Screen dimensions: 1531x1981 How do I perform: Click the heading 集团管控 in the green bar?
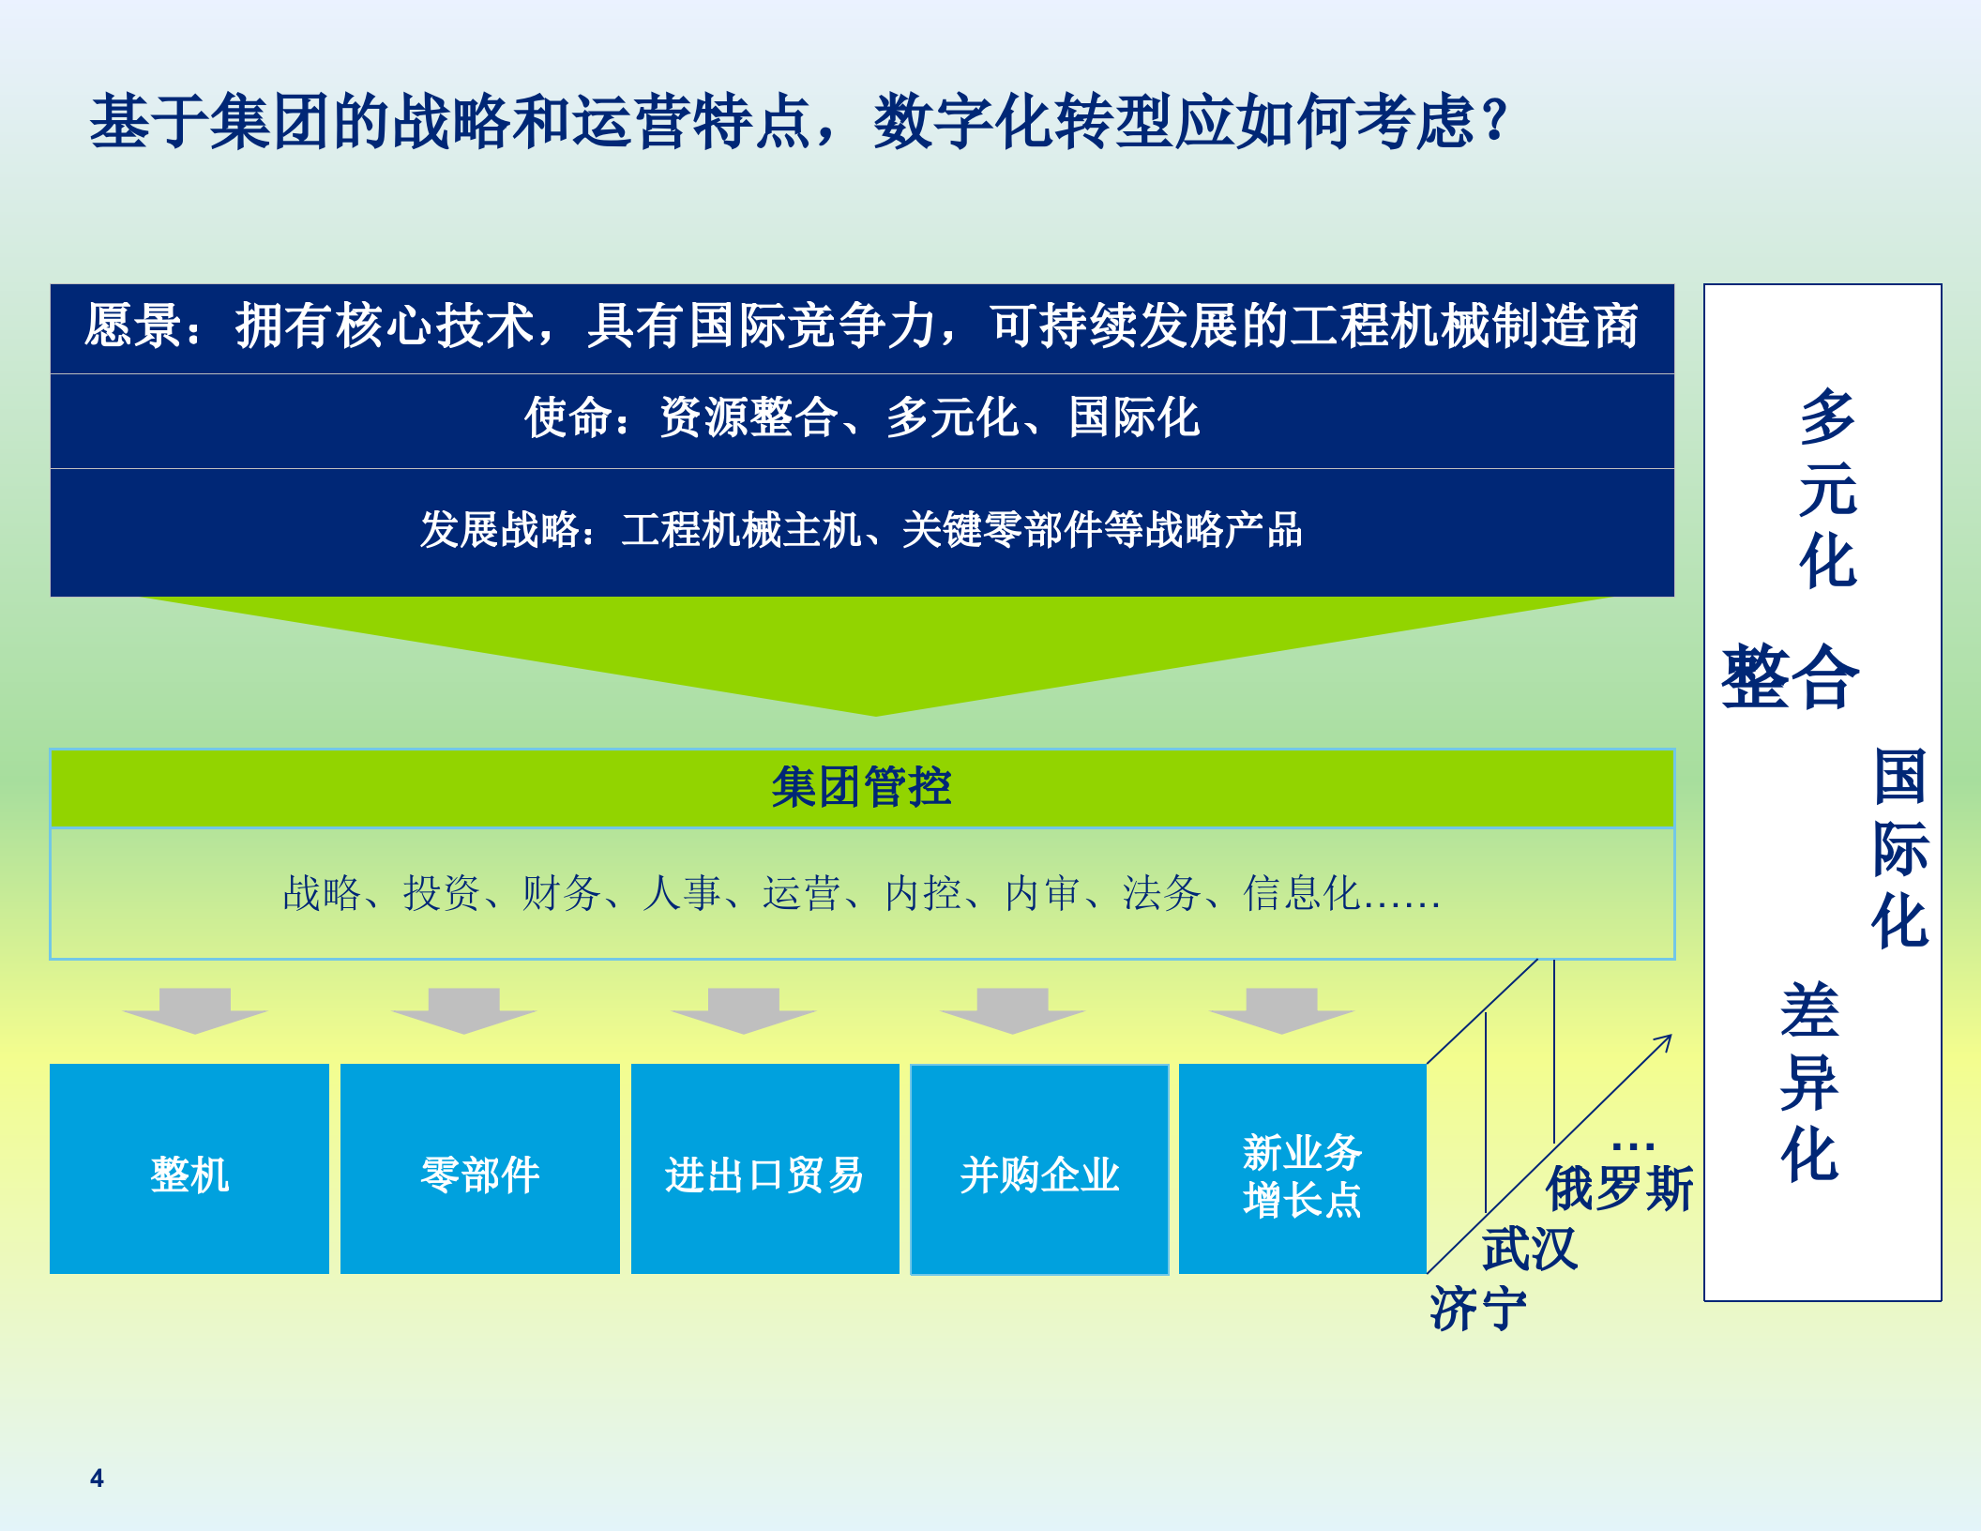coord(861,786)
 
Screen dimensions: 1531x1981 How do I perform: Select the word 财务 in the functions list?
coord(561,893)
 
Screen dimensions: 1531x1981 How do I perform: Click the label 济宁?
coord(1478,1309)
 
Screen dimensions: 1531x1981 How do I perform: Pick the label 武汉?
coord(1530,1249)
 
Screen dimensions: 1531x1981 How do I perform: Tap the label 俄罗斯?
coord(1619,1189)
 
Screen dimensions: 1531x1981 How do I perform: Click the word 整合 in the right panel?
coord(1790,677)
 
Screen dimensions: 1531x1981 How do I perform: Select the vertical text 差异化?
coord(1809,1082)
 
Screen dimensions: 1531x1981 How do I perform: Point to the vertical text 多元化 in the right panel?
coord(1827,489)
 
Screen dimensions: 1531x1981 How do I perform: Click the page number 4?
coord(97,1478)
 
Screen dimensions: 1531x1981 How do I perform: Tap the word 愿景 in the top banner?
coord(132,326)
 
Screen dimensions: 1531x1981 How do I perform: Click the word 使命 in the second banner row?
coord(568,417)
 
